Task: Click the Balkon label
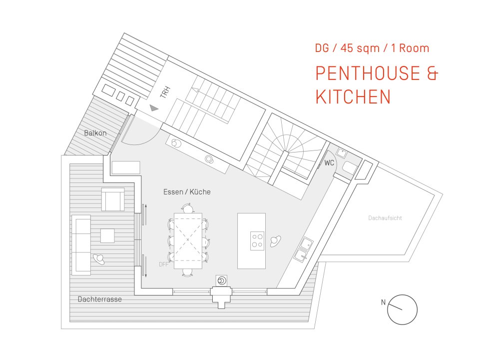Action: coord(95,133)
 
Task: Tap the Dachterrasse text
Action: coord(100,299)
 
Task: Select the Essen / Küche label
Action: coord(187,192)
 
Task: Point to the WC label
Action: coord(329,163)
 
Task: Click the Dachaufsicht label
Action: coord(385,218)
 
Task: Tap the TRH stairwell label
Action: coord(165,92)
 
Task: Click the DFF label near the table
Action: coord(164,264)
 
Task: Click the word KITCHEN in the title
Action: coord(353,96)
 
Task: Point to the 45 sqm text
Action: coord(360,48)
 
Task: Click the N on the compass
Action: coord(383,302)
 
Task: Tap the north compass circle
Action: coord(402,295)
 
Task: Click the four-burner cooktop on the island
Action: coord(257,241)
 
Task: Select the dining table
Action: coord(188,240)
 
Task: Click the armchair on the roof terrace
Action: coord(113,199)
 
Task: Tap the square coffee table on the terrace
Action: coord(107,236)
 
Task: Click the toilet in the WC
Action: coord(349,167)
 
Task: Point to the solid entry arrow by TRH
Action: coord(154,107)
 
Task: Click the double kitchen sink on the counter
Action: coord(303,249)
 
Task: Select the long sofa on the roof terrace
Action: coord(81,245)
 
